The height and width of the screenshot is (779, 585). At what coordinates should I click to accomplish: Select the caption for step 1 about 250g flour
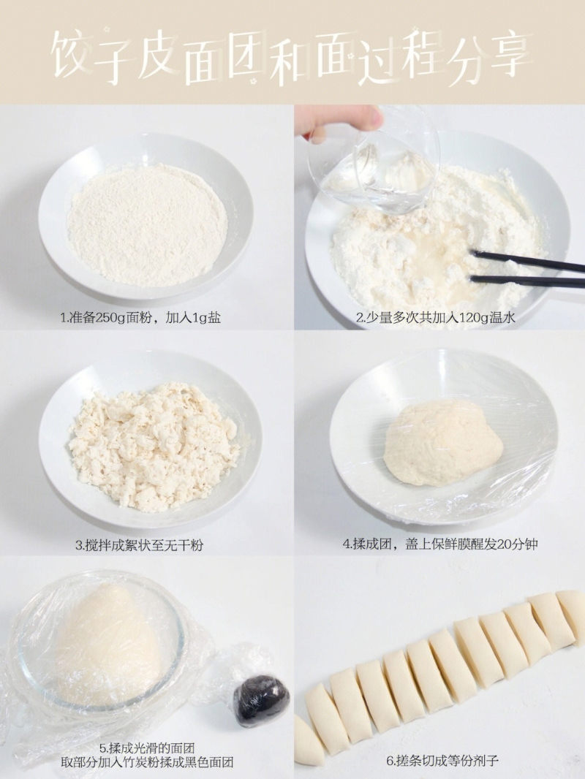tap(140, 317)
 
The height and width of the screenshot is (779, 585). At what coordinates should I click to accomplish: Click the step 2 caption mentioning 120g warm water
tap(435, 317)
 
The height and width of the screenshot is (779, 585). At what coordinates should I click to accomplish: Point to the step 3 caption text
tap(139, 545)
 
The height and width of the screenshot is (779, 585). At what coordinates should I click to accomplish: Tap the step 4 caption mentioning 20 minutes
tap(440, 544)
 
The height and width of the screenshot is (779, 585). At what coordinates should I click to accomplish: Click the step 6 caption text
tap(442, 761)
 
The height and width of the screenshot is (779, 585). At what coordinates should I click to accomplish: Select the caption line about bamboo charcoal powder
tap(147, 762)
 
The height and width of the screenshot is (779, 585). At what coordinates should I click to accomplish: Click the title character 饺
tap(69, 54)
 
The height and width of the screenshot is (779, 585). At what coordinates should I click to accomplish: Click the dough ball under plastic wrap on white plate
tap(443, 442)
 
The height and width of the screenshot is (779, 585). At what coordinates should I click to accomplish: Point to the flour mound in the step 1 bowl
tap(147, 225)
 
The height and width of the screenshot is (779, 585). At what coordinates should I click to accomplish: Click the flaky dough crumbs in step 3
tap(154, 446)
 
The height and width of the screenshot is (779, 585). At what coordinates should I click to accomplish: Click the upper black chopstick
tap(528, 262)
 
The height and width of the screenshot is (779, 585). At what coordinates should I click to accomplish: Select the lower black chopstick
tap(527, 281)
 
